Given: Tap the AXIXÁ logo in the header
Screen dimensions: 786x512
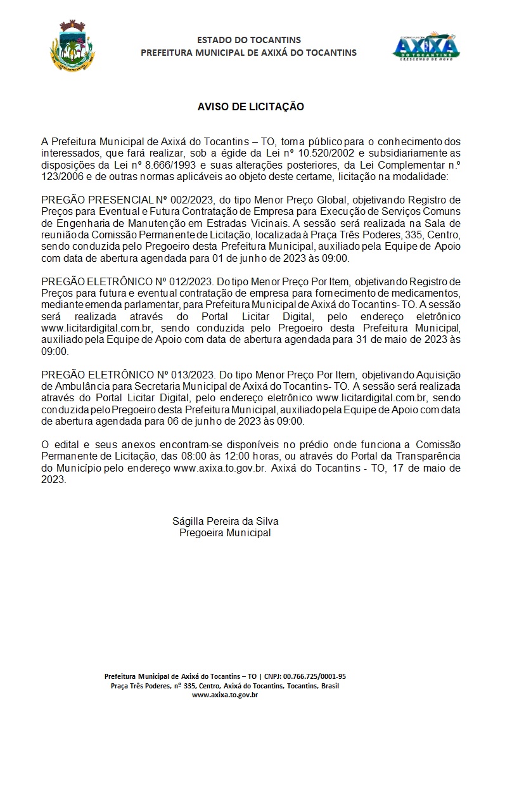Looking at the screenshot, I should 426,46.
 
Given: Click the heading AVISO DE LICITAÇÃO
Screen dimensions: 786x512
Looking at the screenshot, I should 251,106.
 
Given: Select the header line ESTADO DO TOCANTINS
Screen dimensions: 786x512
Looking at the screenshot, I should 249,41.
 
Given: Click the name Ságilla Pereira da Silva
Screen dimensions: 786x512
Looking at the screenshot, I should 226,521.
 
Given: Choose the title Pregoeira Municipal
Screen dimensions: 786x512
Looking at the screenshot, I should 225,532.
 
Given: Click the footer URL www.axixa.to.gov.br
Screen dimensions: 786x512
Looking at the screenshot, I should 224,695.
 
